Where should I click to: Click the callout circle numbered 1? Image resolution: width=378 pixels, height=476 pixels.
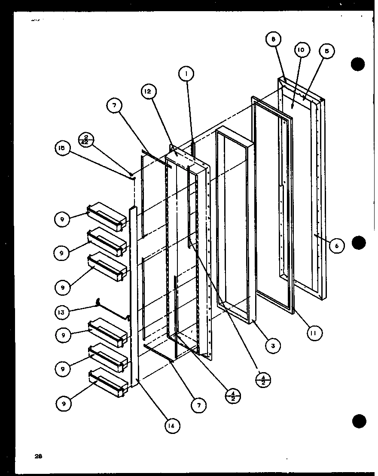point(186,74)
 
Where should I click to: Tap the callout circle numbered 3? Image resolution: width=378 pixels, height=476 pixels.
point(273,345)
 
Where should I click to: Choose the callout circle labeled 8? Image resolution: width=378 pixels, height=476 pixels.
point(273,40)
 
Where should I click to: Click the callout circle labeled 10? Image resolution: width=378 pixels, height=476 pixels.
point(301,50)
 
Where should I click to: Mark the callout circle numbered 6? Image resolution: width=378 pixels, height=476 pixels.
point(337,246)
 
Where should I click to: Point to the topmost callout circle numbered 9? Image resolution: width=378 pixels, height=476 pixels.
point(62,219)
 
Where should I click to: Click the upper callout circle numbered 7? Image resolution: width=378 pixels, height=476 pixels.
point(115,106)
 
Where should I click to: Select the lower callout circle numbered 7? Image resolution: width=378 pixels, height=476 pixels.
point(198,405)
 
